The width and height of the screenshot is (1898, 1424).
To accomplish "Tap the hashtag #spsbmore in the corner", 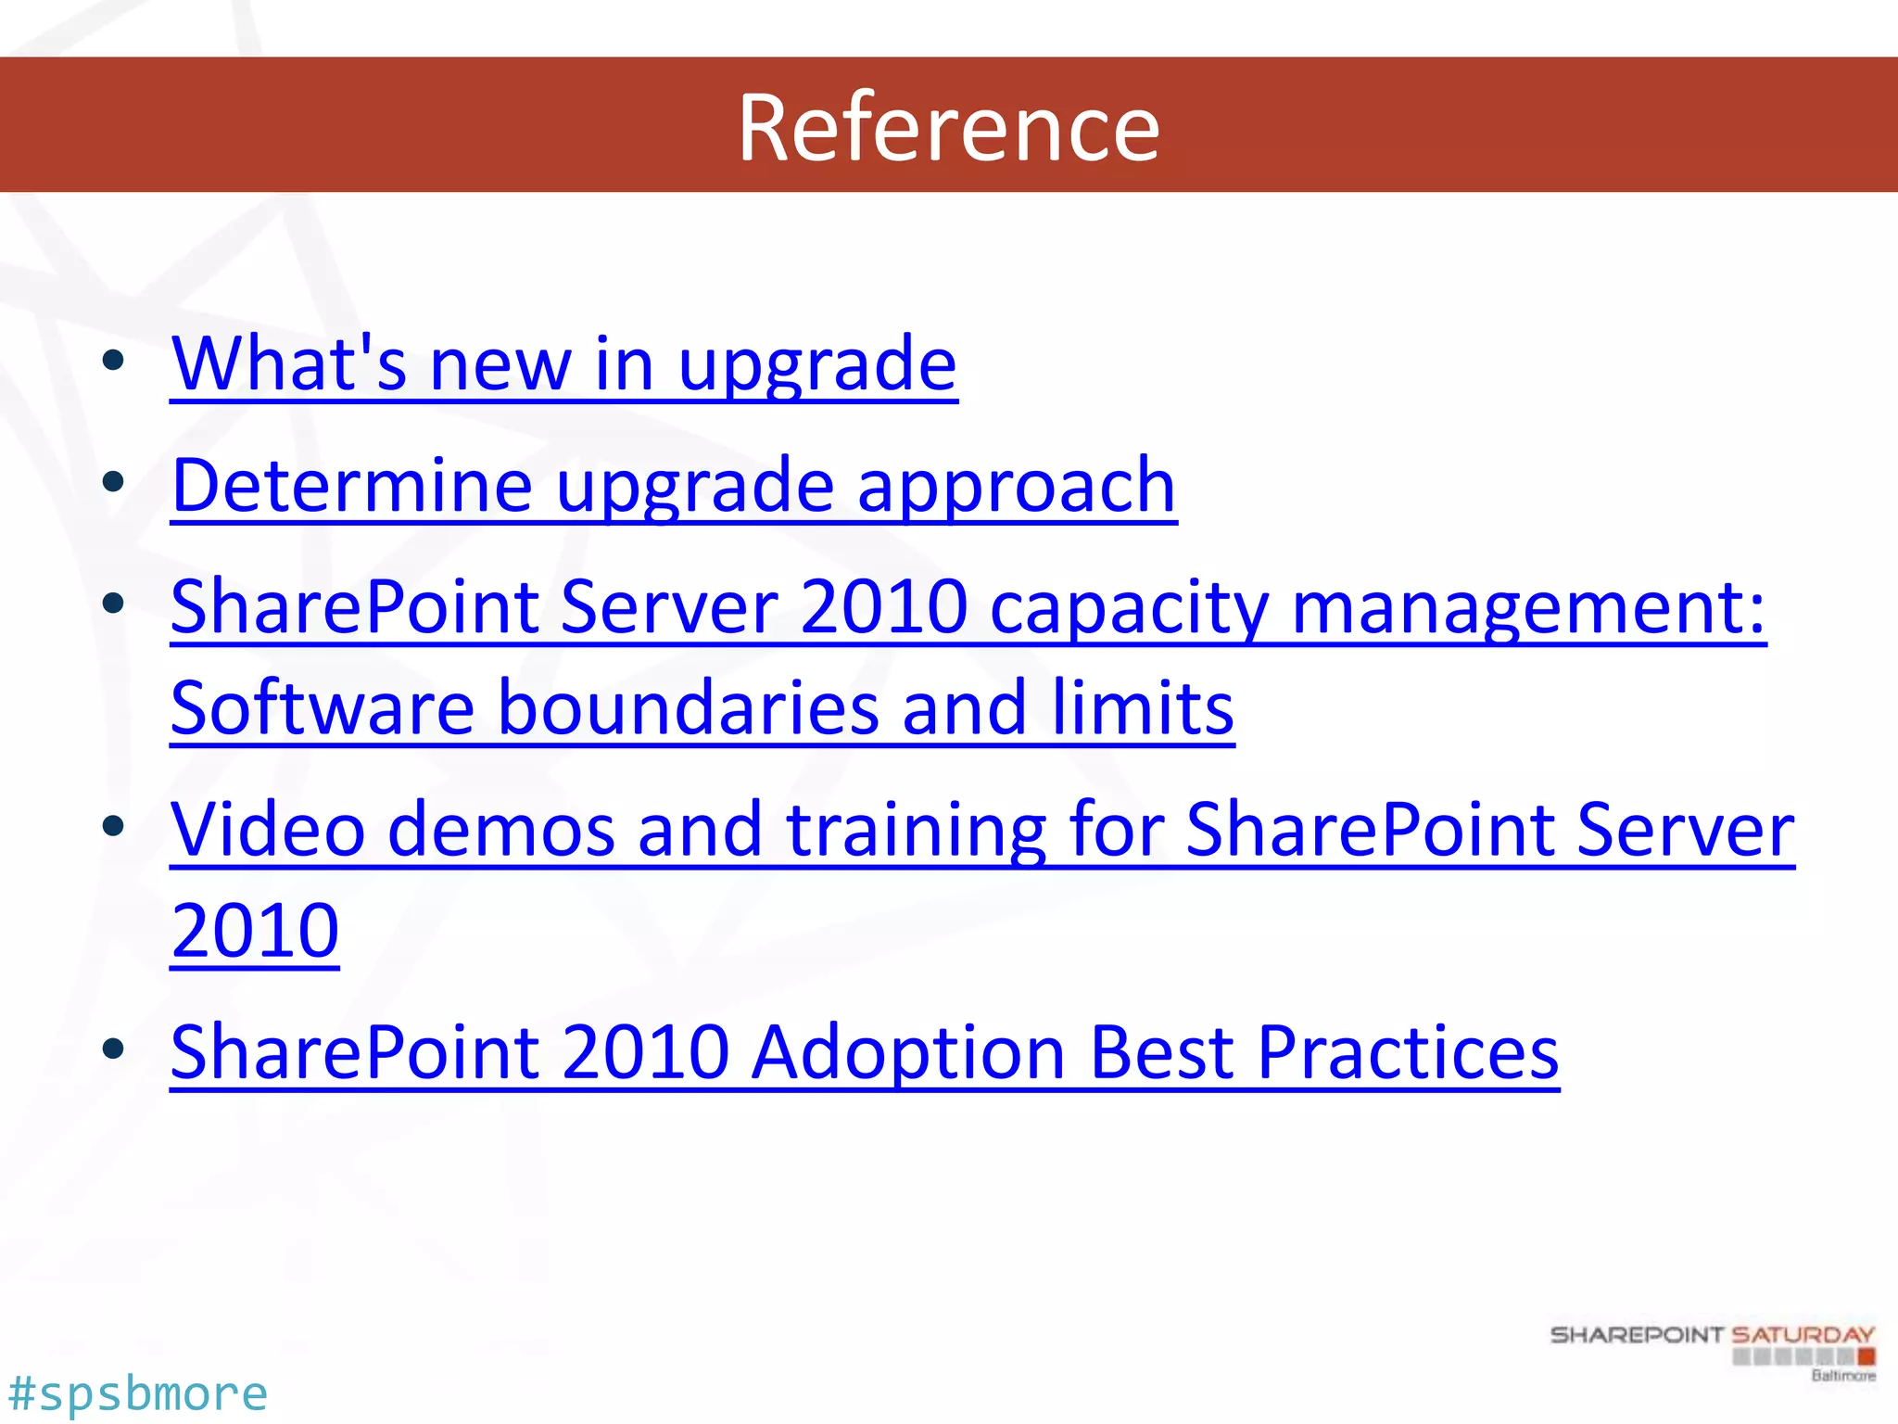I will pyautogui.click(x=137, y=1393).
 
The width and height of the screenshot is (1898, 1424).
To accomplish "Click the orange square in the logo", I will pyautogui.click(x=1866, y=1357).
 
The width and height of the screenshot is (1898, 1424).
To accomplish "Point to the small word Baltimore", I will pyautogui.click(x=1843, y=1376).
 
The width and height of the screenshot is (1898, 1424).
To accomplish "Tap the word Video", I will pyautogui.click(x=268, y=829).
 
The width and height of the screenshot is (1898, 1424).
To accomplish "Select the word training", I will pyautogui.click(x=917, y=831).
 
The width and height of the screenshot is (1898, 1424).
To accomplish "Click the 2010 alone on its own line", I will pyautogui.click(x=255, y=931).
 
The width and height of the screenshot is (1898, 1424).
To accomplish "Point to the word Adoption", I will pyautogui.click(x=908, y=1054).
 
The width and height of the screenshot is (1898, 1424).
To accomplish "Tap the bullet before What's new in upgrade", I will pyautogui.click(x=114, y=361).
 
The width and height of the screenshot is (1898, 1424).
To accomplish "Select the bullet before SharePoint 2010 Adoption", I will pyautogui.click(x=114, y=1049).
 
